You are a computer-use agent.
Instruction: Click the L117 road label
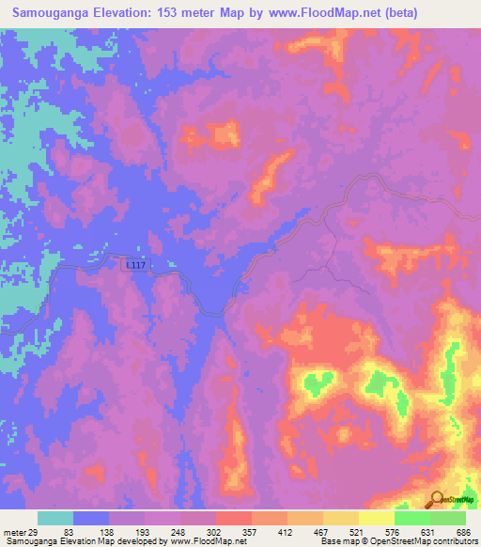click(x=136, y=266)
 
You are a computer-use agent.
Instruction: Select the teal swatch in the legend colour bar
click(x=55, y=518)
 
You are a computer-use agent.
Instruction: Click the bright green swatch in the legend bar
click(x=412, y=518)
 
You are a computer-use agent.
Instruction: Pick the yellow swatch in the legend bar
click(x=377, y=518)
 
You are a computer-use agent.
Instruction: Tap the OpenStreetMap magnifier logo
click(x=437, y=499)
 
